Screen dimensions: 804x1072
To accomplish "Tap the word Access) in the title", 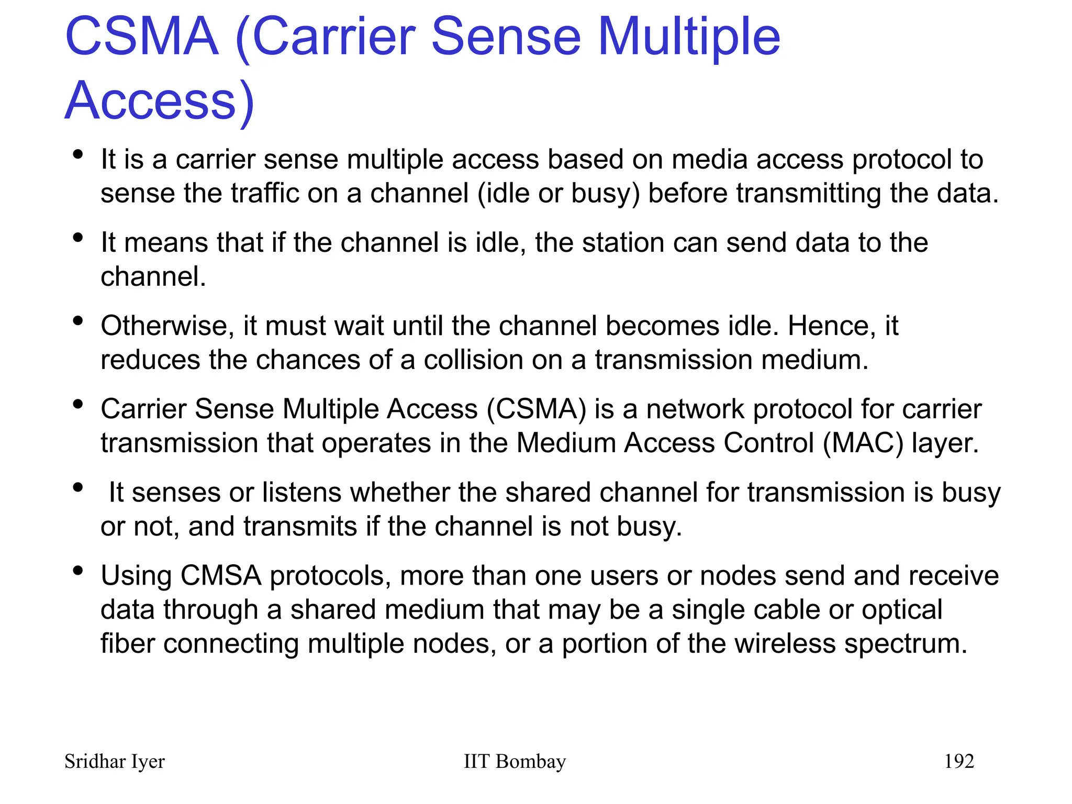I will [159, 101].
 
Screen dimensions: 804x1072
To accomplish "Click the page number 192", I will [959, 761].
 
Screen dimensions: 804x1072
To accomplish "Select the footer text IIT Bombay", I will [515, 761].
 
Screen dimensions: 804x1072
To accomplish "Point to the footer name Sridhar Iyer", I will [114, 761].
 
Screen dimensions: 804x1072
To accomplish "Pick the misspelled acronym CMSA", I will [220, 575].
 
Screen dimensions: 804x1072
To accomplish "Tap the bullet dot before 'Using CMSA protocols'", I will [79, 570].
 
